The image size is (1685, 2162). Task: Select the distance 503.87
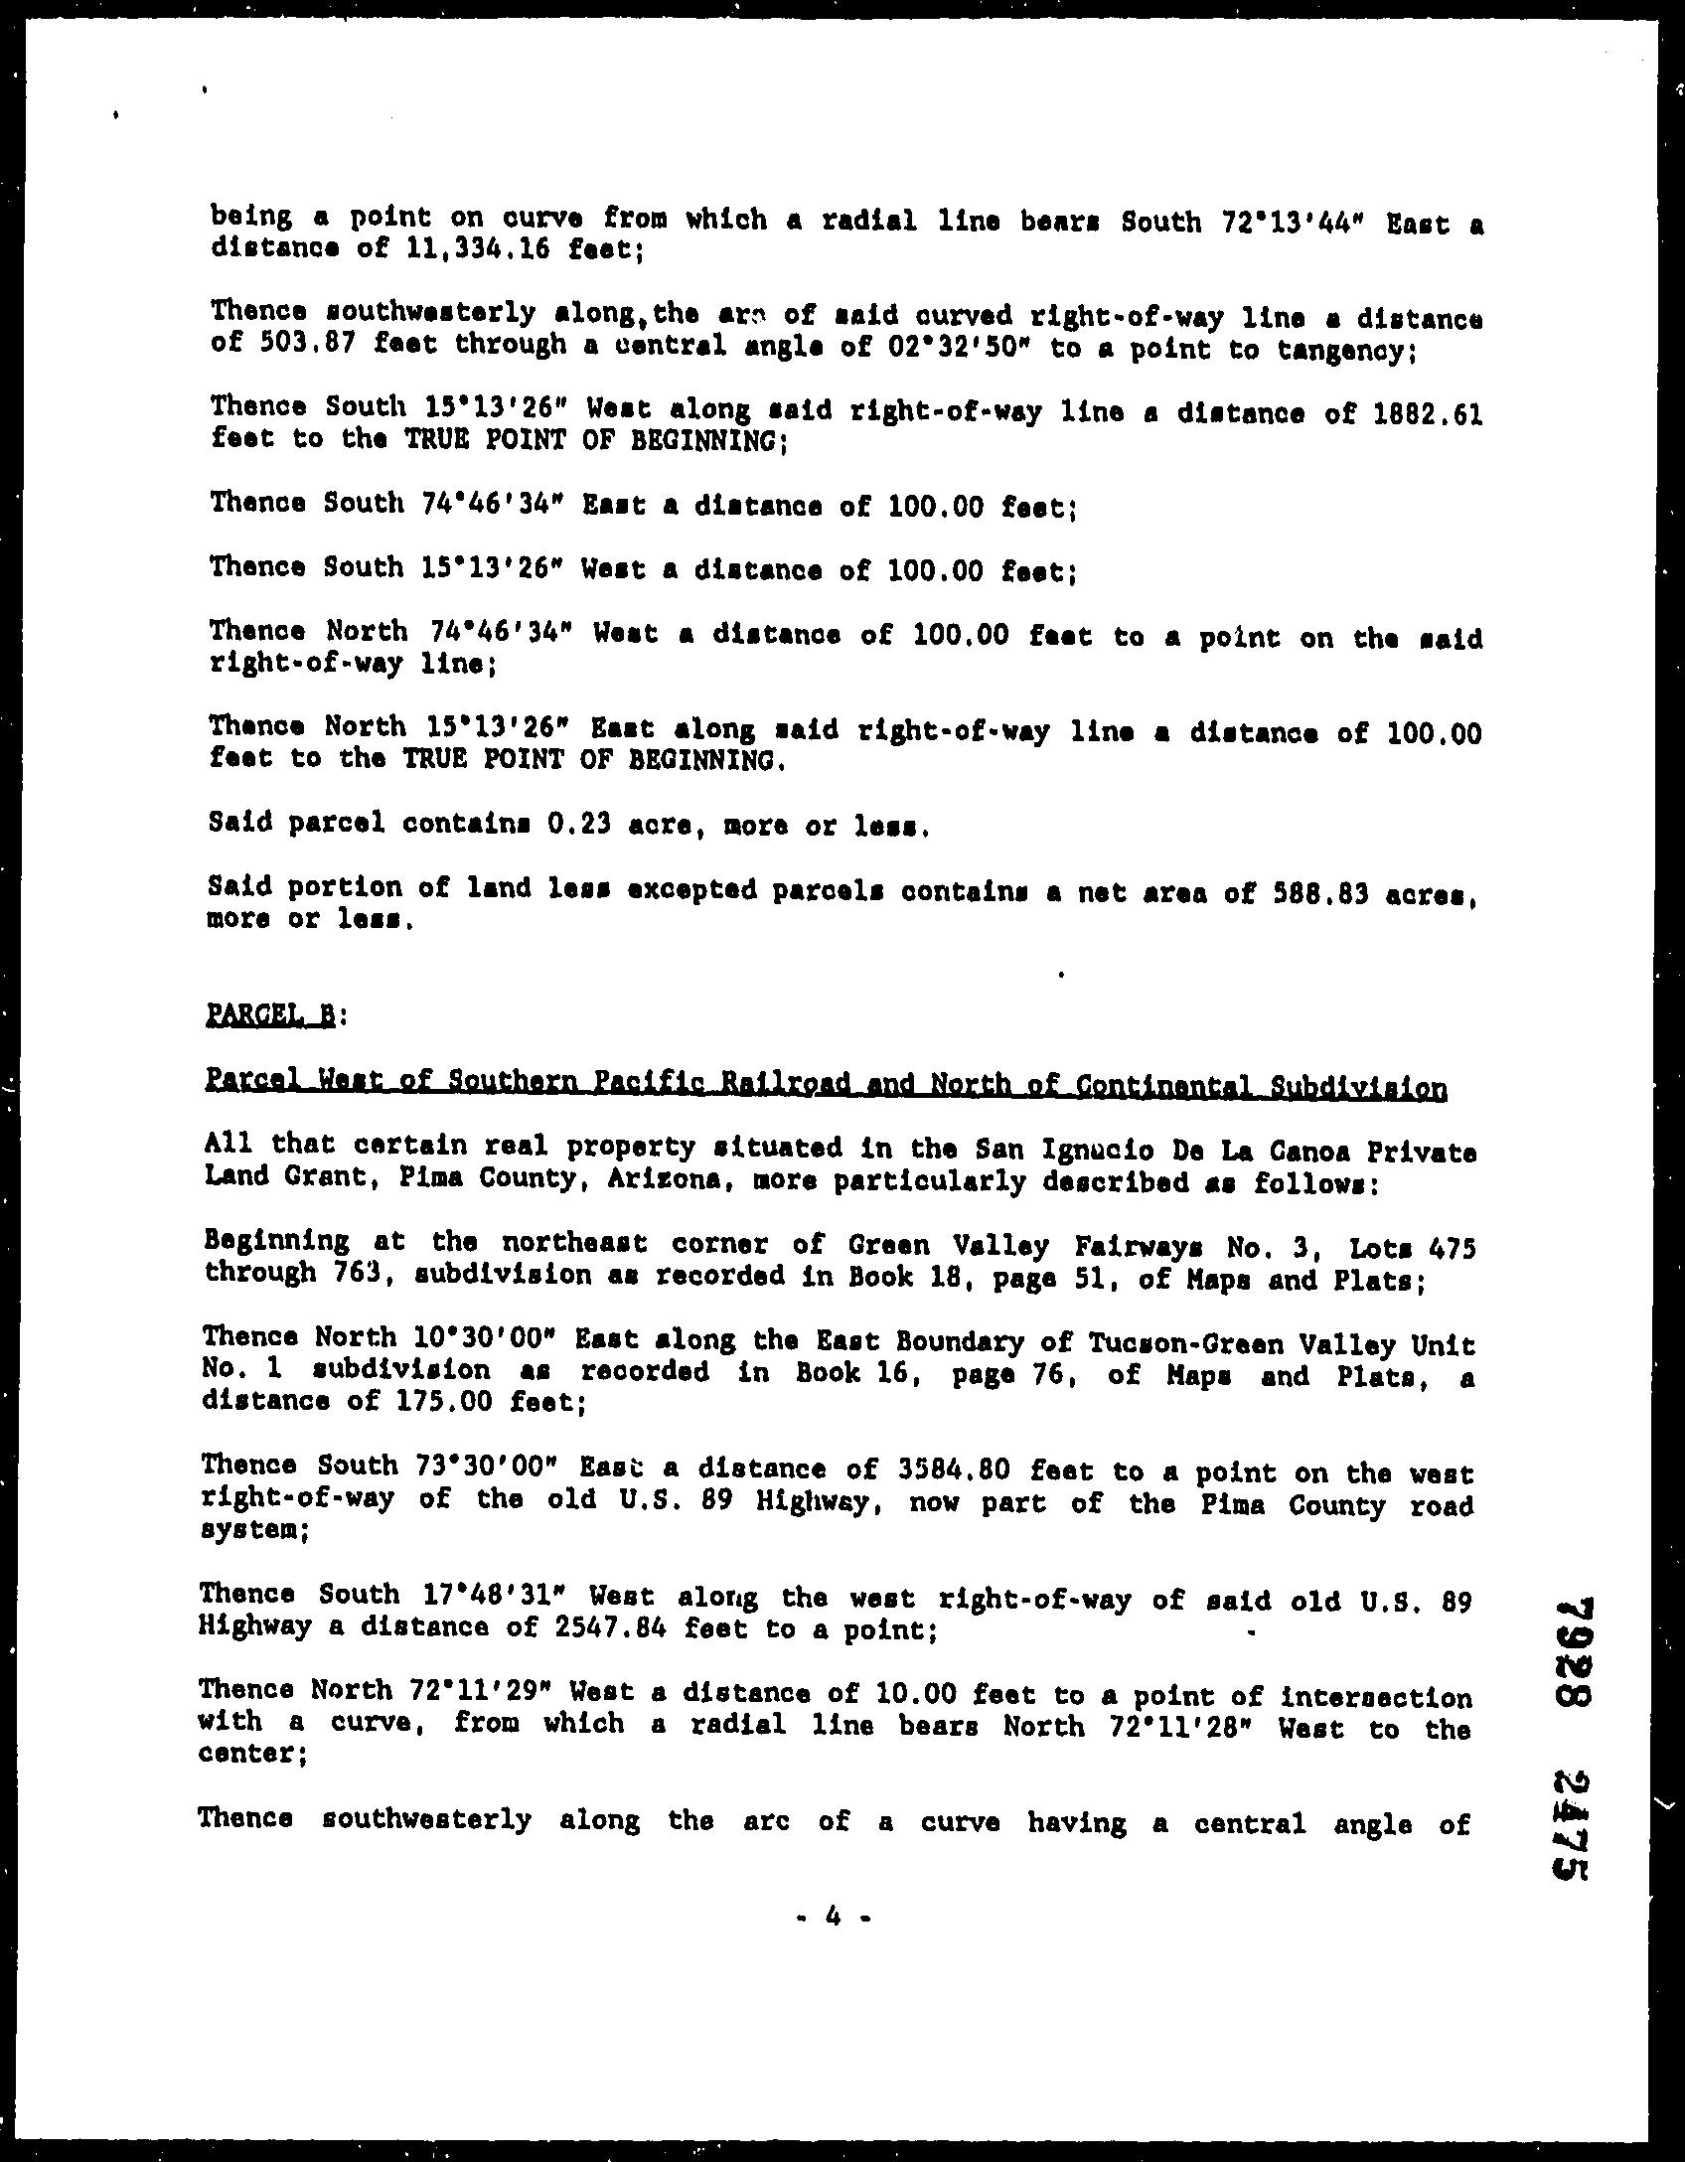point(273,345)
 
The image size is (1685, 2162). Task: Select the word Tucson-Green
point(1189,1344)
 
